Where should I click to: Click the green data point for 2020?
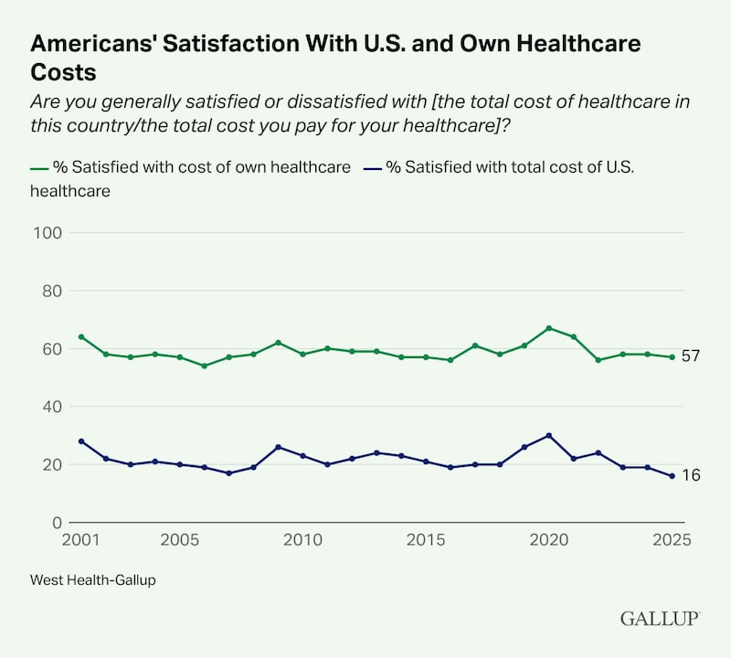click(x=549, y=328)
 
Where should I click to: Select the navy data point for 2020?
click(x=549, y=435)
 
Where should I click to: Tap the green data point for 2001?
click(x=81, y=337)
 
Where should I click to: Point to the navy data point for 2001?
click(x=81, y=441)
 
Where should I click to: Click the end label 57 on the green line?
click(x=690, y=356)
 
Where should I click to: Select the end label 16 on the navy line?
click(x=690, y=475)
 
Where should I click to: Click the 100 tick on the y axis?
click(x=48, y=233)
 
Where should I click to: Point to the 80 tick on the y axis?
click(x=51, y=291)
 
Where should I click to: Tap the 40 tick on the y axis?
click(x=51, y=407)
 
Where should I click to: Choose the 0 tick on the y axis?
click(x=56, y=523)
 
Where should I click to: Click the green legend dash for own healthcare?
click(x=38, y=169)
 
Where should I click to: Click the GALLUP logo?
click(x=660, y=619)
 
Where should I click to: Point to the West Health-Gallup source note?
click(x=92, y=579)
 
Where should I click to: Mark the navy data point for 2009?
click(x=278, y=447)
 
